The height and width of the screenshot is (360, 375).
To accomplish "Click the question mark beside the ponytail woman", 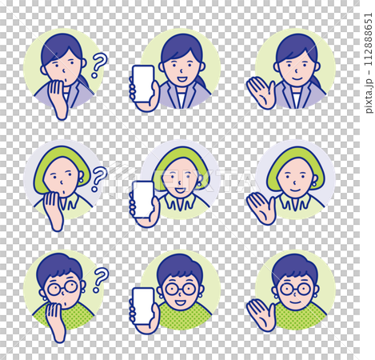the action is (x=99, y=65).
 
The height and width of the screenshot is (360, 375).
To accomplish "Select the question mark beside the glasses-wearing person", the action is (x=101, y=280).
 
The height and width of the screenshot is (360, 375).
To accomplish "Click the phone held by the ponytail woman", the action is (x=143, y=84).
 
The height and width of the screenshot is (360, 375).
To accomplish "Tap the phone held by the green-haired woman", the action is (x=143, y=199).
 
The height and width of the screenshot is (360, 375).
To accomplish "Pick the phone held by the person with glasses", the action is (x=143, y=306).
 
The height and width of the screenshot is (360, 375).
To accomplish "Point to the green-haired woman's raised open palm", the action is (x=261, y=208).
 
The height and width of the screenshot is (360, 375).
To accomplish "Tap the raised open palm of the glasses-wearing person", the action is (x=261, y=315).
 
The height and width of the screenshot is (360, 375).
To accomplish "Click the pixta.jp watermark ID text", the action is (x=369, y=63).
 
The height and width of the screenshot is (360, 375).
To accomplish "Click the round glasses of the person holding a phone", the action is (x=180, y=289).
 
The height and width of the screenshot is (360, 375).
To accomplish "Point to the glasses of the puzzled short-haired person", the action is (x=63, y=288).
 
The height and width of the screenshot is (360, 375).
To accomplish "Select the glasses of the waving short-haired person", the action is (x=295, y=289).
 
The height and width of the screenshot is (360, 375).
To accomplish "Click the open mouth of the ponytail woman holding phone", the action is (x=182, y=79).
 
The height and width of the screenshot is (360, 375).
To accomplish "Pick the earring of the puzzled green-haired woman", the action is (x=81, y=181).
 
